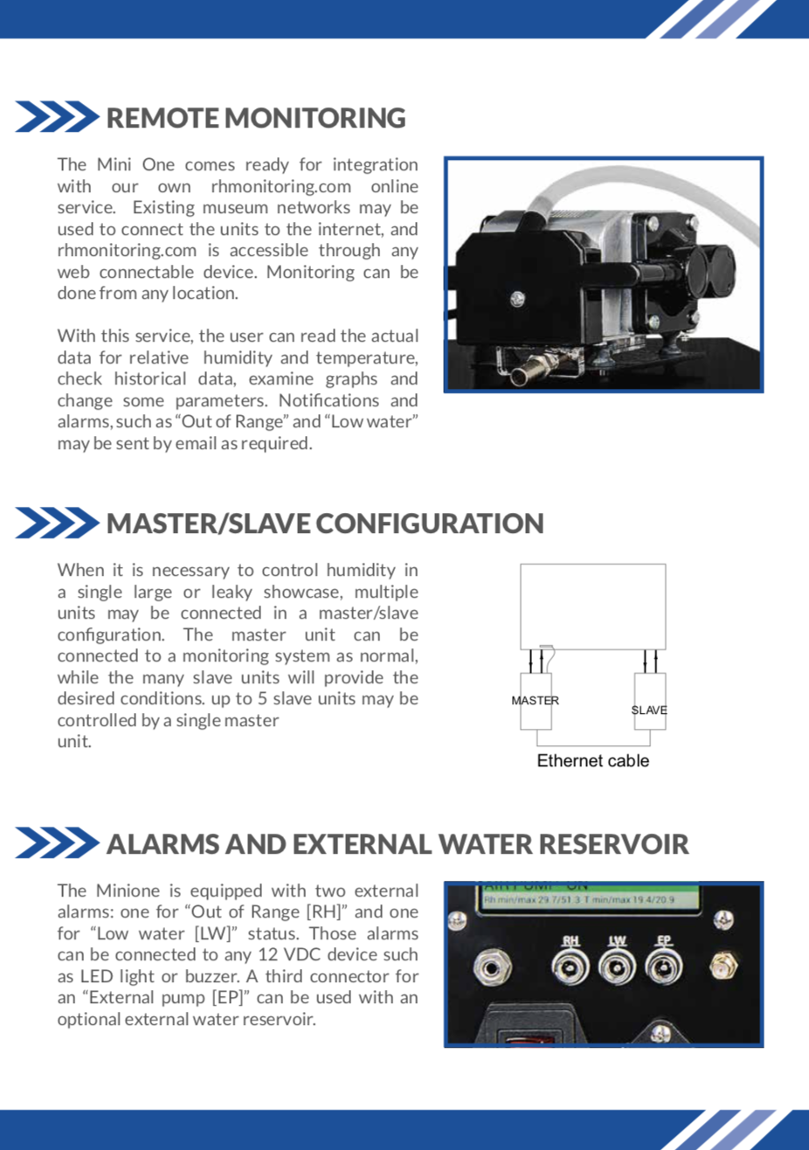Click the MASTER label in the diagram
click(x=535, y=701)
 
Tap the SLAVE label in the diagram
click(x=649, y=710)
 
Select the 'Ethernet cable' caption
click(x=592, y=761)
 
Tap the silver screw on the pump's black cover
click(x=517, y=300)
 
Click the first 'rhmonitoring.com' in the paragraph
click(x=280, y=186)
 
